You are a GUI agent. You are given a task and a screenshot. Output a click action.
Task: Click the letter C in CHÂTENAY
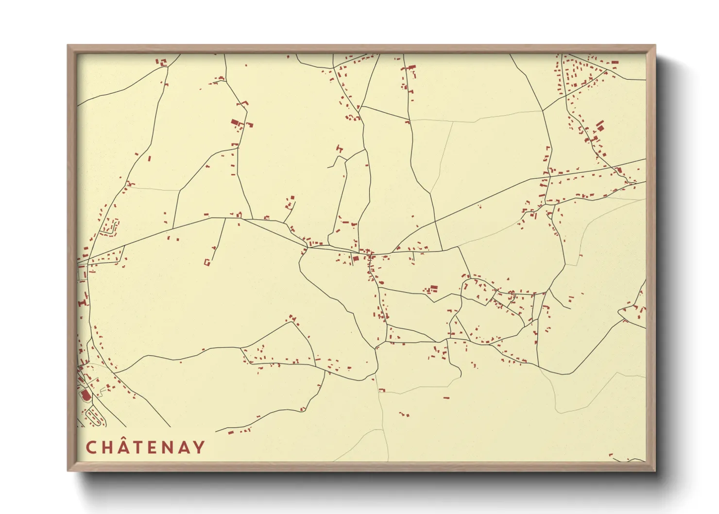[91, 447]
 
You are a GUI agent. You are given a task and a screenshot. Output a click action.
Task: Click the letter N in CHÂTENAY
[167, 447]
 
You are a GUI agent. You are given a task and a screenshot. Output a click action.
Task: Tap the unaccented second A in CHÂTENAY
[183, 447]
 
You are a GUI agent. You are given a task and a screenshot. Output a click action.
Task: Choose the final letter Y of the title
[199, 447]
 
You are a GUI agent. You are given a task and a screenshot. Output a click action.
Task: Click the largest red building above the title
[86, 395]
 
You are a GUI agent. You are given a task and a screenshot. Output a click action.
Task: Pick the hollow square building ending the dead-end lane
[207, 262]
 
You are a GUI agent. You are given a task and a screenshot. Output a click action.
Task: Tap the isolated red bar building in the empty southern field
[446, 398]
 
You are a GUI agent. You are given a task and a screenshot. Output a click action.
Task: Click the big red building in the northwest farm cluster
[235, 123]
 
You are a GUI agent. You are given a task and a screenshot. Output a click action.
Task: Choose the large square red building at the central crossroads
[355, 258]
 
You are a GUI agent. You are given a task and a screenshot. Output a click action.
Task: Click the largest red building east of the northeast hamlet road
[600, 126]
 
